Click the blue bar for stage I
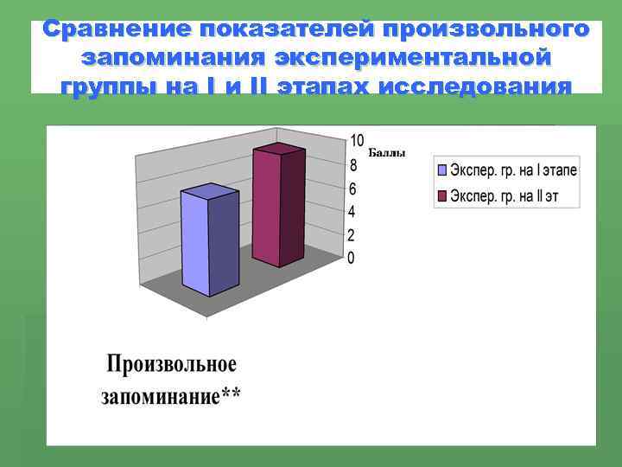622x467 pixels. [209, 242]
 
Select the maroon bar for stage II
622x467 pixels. [277, 208]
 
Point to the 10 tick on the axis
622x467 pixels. [357, 141]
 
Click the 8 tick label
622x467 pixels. [352, 165]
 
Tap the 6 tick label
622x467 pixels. [352, 189]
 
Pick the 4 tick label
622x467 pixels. [352, 212]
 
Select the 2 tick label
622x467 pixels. [352, 235]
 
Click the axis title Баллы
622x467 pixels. [386, 153]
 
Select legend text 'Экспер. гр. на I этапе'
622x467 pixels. [514, 171]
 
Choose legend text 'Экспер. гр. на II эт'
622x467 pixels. [505, 196]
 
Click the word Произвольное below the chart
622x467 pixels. [171, 364]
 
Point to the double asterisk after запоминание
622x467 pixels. [232, 396]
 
